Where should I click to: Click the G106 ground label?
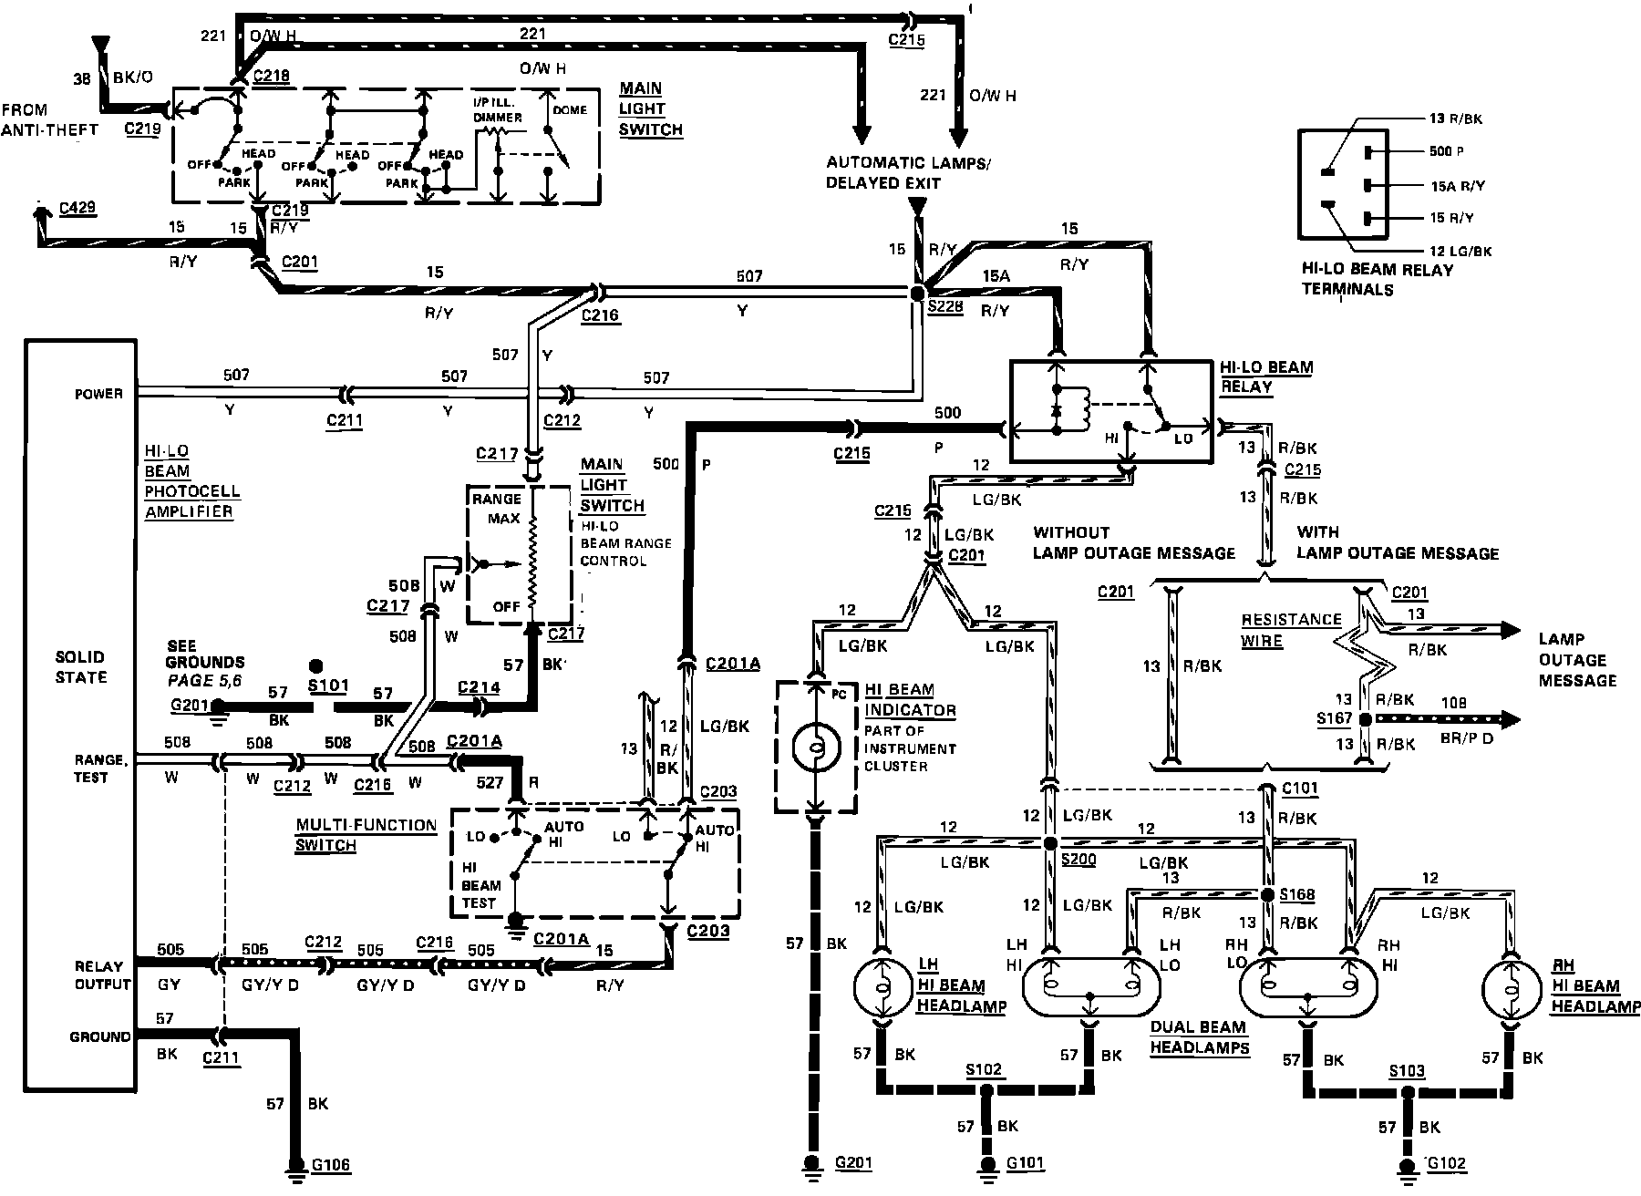pos(331,1165)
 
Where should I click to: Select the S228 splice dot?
pos(917,293)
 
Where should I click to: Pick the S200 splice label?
pos(1079,860)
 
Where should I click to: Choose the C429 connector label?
pos(77,209)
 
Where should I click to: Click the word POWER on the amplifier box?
pos(98,394)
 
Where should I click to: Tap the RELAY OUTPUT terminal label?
pos(103,975)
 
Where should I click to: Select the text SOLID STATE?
pos(81,667)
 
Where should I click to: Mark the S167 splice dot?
pos(1365,720)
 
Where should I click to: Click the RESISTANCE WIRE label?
pos(1291,630)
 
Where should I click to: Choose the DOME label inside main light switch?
pos(568,110)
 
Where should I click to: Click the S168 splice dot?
pos(1266,894)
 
